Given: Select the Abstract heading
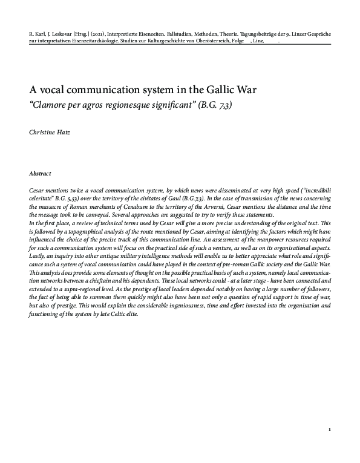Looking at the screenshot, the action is tap(40, 173).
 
